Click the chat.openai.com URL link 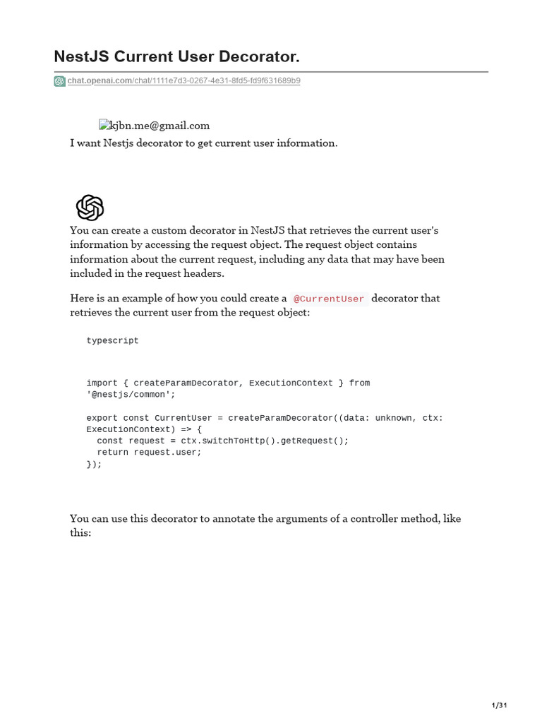click(x=183, y=81)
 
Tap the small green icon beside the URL click(x=59, y=81)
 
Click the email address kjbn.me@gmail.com click(x=160, y=126)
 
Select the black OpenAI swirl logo click(x=90, y=208)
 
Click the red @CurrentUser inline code click(x=329, y=299)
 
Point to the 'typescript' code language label click(x=113, y=341)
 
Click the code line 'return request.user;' click(x=149, y=453)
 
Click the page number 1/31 click(x=499, y=705)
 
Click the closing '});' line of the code click(x=94, y=465)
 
